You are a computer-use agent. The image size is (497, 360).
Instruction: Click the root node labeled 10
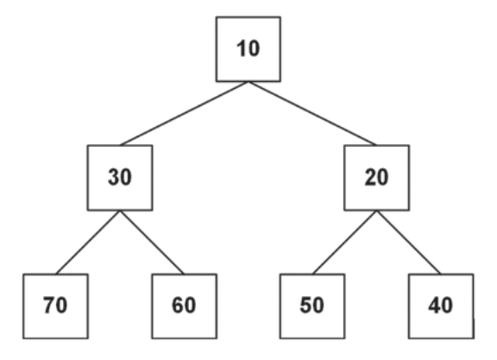tap(248, 49)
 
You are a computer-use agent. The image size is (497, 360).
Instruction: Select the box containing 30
tap(120, 178)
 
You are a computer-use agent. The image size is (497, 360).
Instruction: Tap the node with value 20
tap(376, 178)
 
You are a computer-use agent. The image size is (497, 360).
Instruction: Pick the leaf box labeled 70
tap(55, 306)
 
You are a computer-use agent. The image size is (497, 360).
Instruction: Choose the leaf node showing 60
tap(184, 306)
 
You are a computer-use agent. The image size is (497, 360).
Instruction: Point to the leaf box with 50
tap(312, 306)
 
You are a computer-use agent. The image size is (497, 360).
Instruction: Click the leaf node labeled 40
tap(441, 306)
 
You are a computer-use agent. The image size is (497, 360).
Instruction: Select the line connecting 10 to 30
tap(184, 114)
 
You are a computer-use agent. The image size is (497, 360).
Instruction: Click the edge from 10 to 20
tap(312, 114)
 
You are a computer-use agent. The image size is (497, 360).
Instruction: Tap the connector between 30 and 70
tap(88, 243)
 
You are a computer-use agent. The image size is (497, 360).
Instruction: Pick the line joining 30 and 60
tap(152, 243)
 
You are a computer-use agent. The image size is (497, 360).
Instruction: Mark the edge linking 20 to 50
tap(344, 243)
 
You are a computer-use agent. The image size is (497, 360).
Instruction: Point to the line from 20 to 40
tap(409, 243)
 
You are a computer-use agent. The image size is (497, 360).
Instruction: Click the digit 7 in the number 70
tap(49, 305)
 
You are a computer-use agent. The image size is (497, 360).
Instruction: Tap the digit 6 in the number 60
tap(178, 305)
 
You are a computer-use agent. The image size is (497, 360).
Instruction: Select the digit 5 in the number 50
tap(305, 305)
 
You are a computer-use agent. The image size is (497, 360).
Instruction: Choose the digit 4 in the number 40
tap(434, 305)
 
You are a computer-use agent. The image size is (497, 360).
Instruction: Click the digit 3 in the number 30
tap(114, 177)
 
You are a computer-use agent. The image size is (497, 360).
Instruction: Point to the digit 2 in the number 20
tap(370, 176)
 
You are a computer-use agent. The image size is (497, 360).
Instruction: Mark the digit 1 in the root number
tap(242, 48)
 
